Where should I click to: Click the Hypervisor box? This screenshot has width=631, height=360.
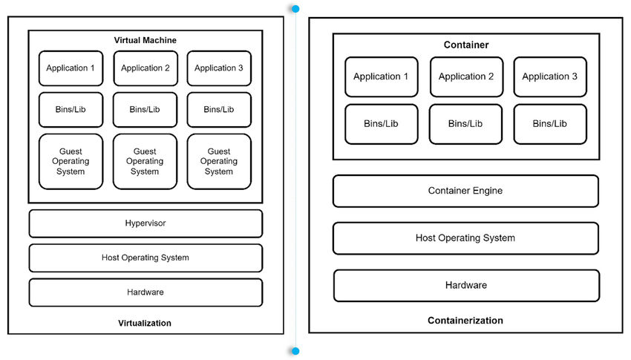coord(146,223)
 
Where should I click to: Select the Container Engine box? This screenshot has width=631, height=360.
coord(465,191)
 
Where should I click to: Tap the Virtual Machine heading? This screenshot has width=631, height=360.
coord(146,39)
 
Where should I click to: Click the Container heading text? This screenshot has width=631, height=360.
coord(466,45)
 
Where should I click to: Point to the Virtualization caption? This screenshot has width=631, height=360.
coord(145,323)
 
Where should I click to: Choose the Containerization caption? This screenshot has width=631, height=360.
coord(465,321)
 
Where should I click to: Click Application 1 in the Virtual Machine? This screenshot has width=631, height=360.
coord(71,68)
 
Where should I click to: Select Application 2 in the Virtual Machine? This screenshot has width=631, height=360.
coord(146,68)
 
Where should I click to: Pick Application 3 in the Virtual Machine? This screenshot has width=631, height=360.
coord(219,68)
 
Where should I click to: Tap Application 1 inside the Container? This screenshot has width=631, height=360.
coord(381,76)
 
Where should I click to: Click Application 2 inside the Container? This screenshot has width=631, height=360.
coord(466,76)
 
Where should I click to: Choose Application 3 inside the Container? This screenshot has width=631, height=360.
coord(550,76)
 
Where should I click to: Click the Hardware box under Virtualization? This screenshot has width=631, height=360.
coord(146,292)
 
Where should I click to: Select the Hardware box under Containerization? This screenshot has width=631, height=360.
coord(466,285)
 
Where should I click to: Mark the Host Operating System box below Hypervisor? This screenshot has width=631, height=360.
coord(146,258)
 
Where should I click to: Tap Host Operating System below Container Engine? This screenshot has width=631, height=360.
coord(465,238)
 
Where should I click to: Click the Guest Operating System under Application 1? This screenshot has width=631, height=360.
coord(71,161)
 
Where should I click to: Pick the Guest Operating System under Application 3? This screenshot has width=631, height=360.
coord(219,161)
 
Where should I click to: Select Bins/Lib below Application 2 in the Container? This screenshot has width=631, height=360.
coord(466,124)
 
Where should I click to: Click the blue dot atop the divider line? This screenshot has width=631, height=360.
coord(295,9)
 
